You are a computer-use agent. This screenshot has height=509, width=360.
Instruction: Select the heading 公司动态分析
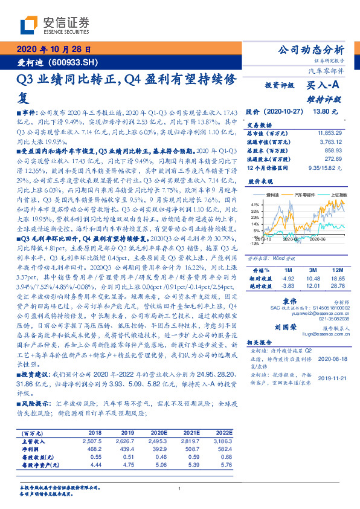[x=310, y=50]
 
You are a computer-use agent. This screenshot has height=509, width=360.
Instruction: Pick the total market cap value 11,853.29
[x=333, y=132]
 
